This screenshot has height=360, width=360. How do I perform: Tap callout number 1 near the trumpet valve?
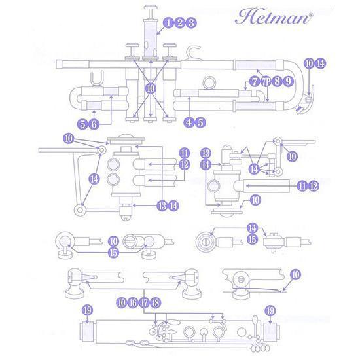[169, 23]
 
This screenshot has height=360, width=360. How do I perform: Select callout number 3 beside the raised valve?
[191, 23]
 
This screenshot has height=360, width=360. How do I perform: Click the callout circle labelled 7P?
[266, 82]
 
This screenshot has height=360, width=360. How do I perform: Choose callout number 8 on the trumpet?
[277, 82]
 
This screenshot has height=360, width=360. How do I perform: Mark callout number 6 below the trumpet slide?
[94, 123]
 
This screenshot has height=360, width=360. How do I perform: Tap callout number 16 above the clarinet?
[132, 302]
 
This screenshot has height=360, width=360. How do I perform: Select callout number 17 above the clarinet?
[143, 302]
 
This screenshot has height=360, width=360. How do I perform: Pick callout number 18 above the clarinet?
[155, 302]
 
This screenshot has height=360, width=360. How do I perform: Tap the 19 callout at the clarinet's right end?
[268, 310]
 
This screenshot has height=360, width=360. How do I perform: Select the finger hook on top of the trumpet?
[192, 52]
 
